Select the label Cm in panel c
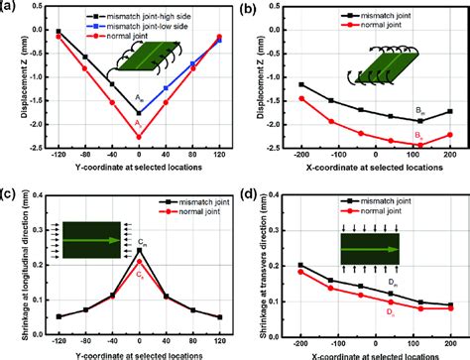coord(146,242)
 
